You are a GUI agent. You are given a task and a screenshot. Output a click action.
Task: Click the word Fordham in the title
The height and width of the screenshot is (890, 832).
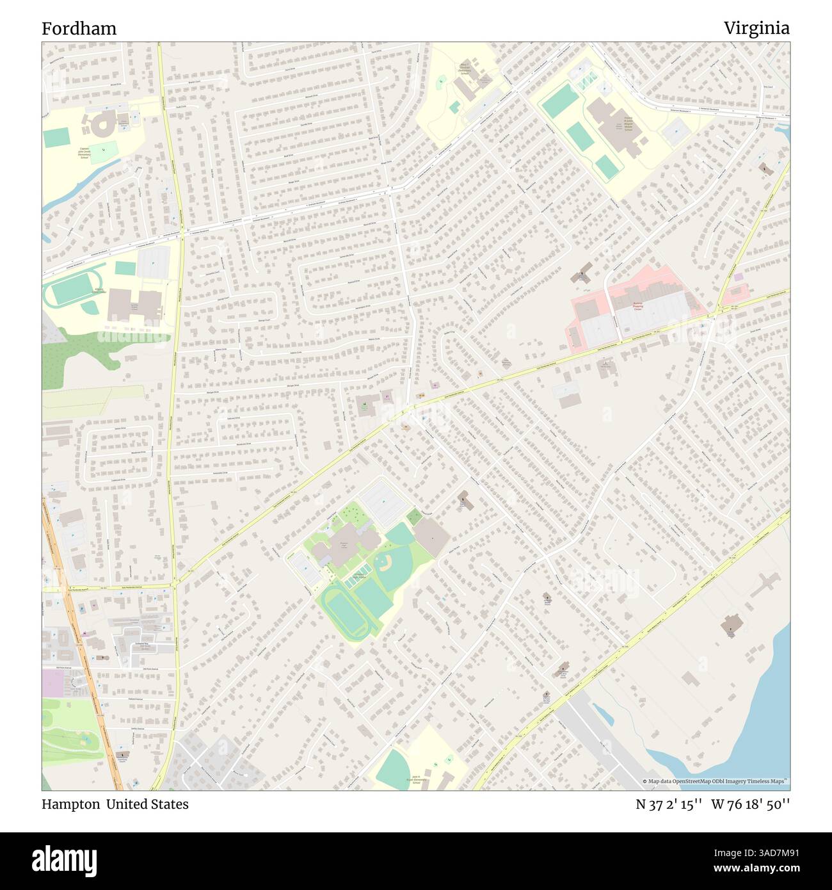(x=79, y=29)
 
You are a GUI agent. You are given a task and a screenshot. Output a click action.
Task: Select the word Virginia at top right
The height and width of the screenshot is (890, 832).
(x=756, y=29)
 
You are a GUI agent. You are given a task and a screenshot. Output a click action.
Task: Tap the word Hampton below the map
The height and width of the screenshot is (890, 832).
(x=70, y=804)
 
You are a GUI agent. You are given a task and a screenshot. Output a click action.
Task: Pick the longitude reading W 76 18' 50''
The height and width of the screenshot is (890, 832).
(x=750, y=805)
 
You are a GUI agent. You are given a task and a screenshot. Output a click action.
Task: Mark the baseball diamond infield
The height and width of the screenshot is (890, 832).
(x=384, y=563)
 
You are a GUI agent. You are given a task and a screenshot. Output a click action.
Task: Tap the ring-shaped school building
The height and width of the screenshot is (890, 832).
(x=101, y=125)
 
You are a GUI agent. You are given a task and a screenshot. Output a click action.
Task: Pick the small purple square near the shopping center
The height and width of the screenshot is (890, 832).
(x=739, y=277)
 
